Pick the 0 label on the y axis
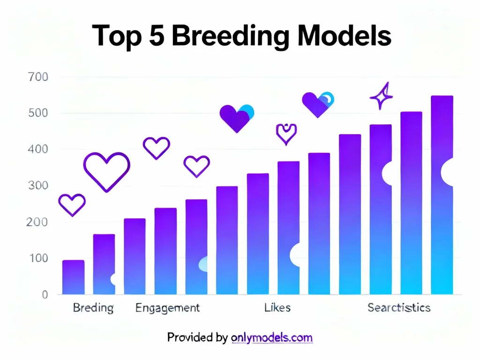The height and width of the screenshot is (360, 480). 45,294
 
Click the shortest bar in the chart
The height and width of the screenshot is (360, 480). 73,277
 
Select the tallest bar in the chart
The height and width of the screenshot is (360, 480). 442,195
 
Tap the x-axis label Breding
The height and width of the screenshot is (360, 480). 93,308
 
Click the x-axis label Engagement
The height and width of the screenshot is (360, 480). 167,308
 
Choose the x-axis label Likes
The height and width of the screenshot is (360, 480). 277,308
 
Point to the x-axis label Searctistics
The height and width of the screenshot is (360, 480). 398,308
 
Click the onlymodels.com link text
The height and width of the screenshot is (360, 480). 272,337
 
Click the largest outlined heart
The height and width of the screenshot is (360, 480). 106,171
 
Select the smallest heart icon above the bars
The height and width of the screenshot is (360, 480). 286,133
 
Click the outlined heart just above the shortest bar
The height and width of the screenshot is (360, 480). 72,204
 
